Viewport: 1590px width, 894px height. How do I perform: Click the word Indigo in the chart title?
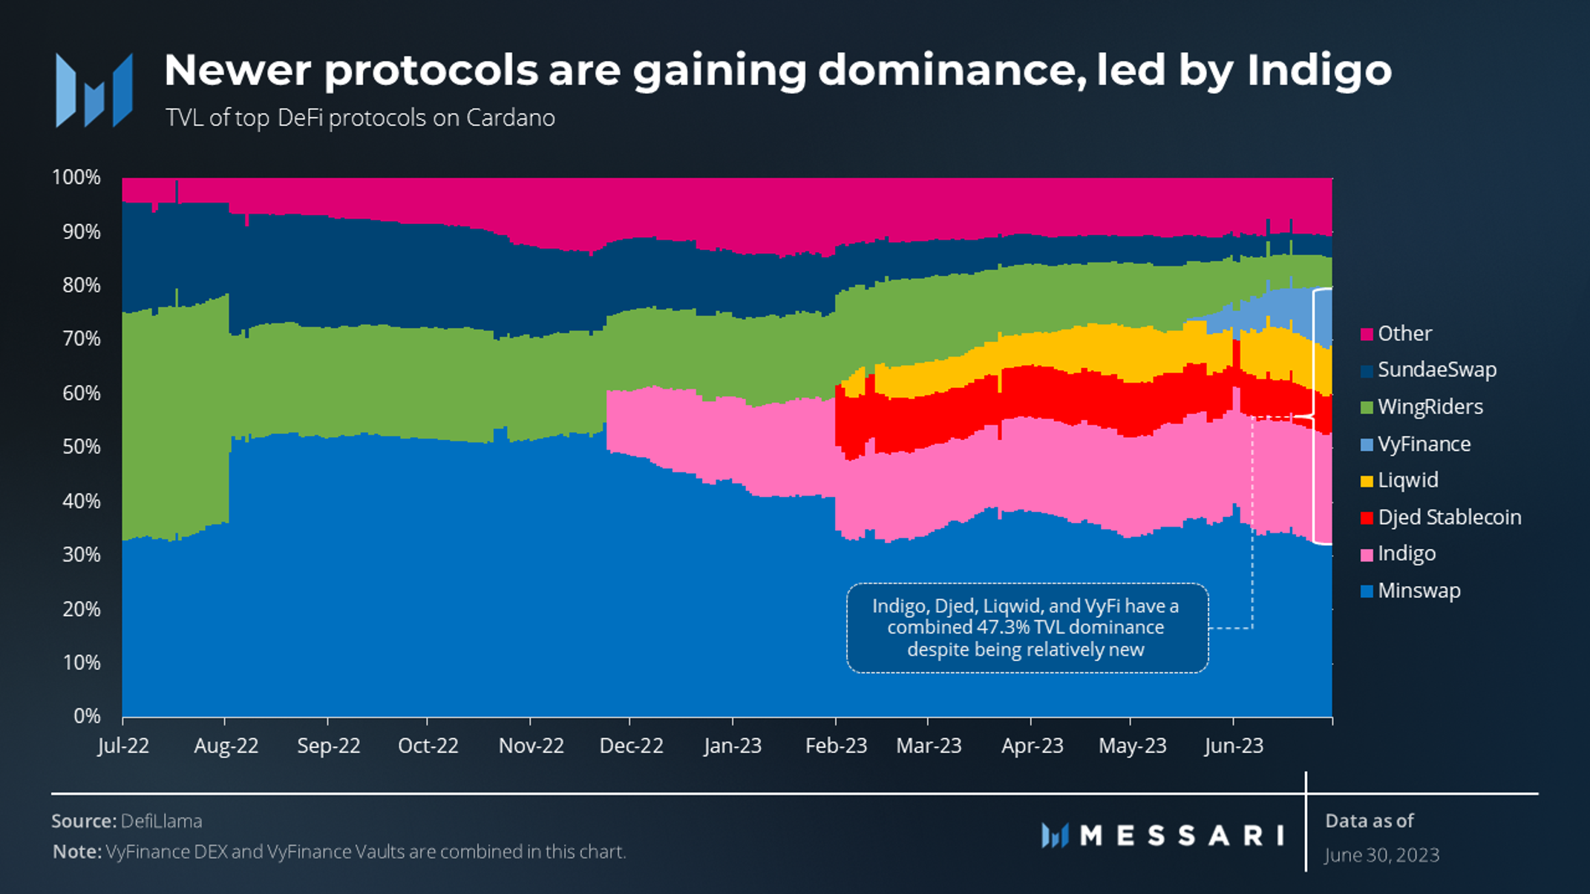(1318, 71)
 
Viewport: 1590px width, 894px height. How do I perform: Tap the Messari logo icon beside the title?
(94, 91)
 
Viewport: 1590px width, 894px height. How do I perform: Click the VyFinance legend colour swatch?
(1367, 444)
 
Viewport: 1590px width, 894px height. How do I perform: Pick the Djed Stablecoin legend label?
(1449, 517)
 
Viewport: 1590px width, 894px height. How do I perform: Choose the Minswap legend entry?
(1418, 591)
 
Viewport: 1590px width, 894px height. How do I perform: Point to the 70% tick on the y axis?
(81, 339)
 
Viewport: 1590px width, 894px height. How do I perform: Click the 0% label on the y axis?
(87, 716)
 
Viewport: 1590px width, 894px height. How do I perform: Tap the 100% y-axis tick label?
(76, 177)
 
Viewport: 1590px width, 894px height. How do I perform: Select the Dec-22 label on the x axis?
(631, 746)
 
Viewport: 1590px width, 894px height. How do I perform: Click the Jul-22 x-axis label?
(123, 746)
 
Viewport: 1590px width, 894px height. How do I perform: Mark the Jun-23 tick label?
(1233, 746)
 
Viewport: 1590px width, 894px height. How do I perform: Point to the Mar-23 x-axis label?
(929, 746)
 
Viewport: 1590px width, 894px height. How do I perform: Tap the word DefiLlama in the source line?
(161, 821)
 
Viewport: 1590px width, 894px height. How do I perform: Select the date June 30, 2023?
(1381, 855)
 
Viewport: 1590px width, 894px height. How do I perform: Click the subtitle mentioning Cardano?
(360, 118)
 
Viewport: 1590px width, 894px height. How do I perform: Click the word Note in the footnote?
(76, 852)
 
